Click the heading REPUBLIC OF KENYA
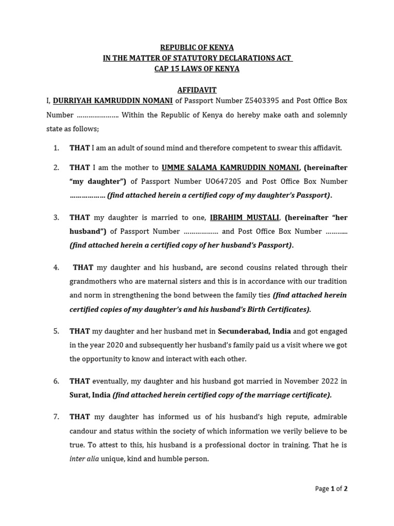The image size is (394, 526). coord(197,48)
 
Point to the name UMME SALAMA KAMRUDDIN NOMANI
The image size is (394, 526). coord(230,167)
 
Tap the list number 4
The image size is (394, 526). coord(56,268)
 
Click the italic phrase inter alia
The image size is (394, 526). coord(83,459)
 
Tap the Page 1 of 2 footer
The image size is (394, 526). coord(331,489)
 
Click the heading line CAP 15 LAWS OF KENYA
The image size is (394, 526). coord(197,69)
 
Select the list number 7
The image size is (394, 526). coord(56,417)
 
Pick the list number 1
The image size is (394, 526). coord(56,148)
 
